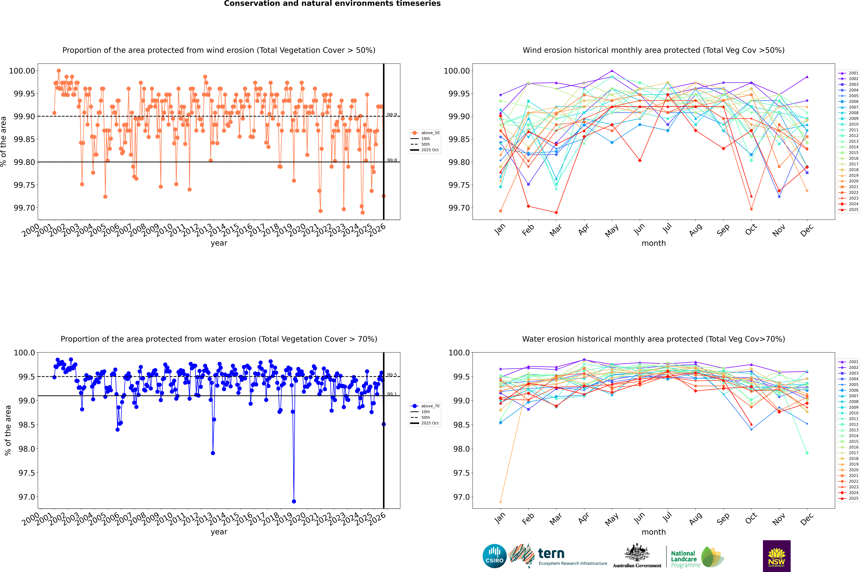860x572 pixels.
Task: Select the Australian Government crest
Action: click(637, 553)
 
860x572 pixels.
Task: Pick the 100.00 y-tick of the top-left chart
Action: click(22, 71)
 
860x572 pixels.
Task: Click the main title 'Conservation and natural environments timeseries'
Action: click(332, 4)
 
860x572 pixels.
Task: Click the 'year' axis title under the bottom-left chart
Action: click(219, 532)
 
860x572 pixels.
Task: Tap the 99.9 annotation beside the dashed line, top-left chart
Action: click(392, 115)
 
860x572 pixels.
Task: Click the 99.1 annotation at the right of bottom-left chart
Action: click(392, 394)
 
